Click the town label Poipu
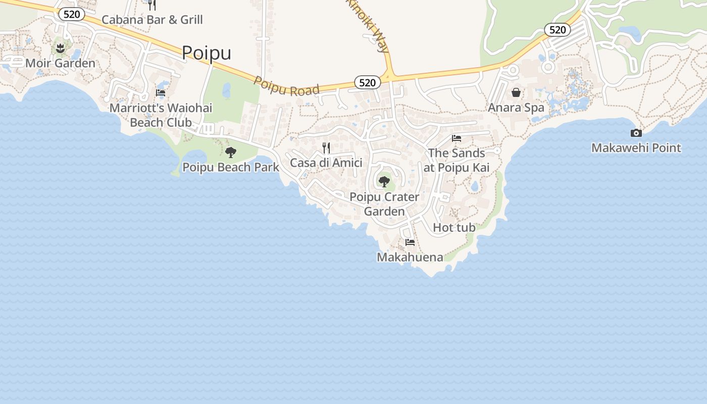point(207,53)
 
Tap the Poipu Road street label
point(286,86)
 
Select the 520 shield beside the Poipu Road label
point(367,82)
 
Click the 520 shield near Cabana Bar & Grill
point(71,14)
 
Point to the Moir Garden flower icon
point(61,48)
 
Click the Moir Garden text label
point(61,63)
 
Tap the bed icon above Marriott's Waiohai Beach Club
point(161,93)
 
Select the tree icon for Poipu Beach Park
point(231,152)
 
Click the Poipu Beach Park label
point(231,167)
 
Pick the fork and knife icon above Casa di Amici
point(326,147)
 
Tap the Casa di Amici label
point(326,163)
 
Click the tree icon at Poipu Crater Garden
point(384,181)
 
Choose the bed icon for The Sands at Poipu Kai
point(457,138)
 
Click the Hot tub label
point(454,228)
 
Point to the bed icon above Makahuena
point(410,242)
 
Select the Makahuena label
point(410,257)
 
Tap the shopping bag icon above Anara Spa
point(516,92)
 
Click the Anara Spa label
point(516,108)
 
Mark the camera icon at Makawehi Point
point(636,133)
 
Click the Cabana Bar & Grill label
point(152,20)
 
